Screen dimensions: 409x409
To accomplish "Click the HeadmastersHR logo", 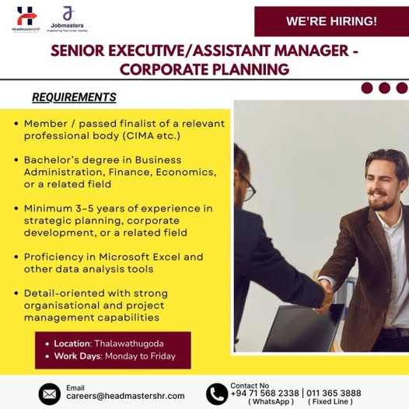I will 26,19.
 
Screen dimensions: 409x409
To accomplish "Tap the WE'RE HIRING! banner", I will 330,21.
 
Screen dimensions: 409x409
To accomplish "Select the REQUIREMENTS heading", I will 74,97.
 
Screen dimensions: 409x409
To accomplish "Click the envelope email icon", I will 50,393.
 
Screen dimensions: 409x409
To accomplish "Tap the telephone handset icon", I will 217,393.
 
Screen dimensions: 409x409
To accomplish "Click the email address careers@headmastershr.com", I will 125,396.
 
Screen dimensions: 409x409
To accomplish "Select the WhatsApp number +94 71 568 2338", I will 264,393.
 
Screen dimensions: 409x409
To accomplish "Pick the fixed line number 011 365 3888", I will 334,393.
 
